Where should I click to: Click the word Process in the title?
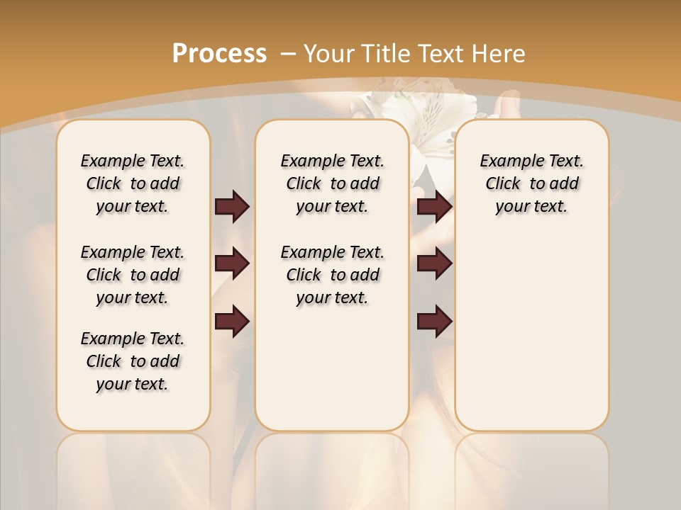click(x=219, y=54)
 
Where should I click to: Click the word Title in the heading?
click(x=387, y=54)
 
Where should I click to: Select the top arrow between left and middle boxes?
click(x=232, y=206)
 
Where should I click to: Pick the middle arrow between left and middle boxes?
click(x=232, y=264)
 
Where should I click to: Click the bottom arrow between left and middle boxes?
click(x=232, y=322)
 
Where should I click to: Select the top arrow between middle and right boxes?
click(x=434, y=206)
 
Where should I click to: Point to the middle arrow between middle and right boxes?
click(x=434, y=264)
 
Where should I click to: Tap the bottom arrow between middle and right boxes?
click(x=434, y=322)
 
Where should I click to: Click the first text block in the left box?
click(x=133, y=183)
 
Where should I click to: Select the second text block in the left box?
click(x=133, y=275)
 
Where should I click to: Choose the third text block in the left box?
click(x=133, y=361)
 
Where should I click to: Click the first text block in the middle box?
click(x=332, y=183)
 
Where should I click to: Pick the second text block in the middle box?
click(x=332, y=275)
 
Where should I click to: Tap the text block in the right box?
click(x=531, y=183)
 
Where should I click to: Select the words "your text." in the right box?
click(x=531, y=207)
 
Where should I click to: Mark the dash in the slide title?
click(x=288, y=54)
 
